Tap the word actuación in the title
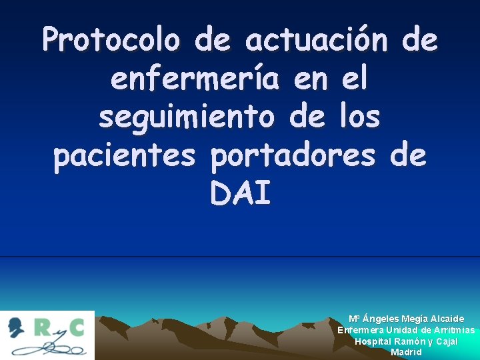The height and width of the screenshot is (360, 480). point(316,41)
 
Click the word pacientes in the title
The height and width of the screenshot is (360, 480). point(125,156)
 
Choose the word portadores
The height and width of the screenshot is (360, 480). point(293,156)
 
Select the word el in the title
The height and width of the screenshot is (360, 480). point(353,80)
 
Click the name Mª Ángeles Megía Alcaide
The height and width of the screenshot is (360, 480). point(406,319)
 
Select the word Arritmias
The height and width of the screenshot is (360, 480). point(454,330)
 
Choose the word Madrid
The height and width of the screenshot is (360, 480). point(406,352)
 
